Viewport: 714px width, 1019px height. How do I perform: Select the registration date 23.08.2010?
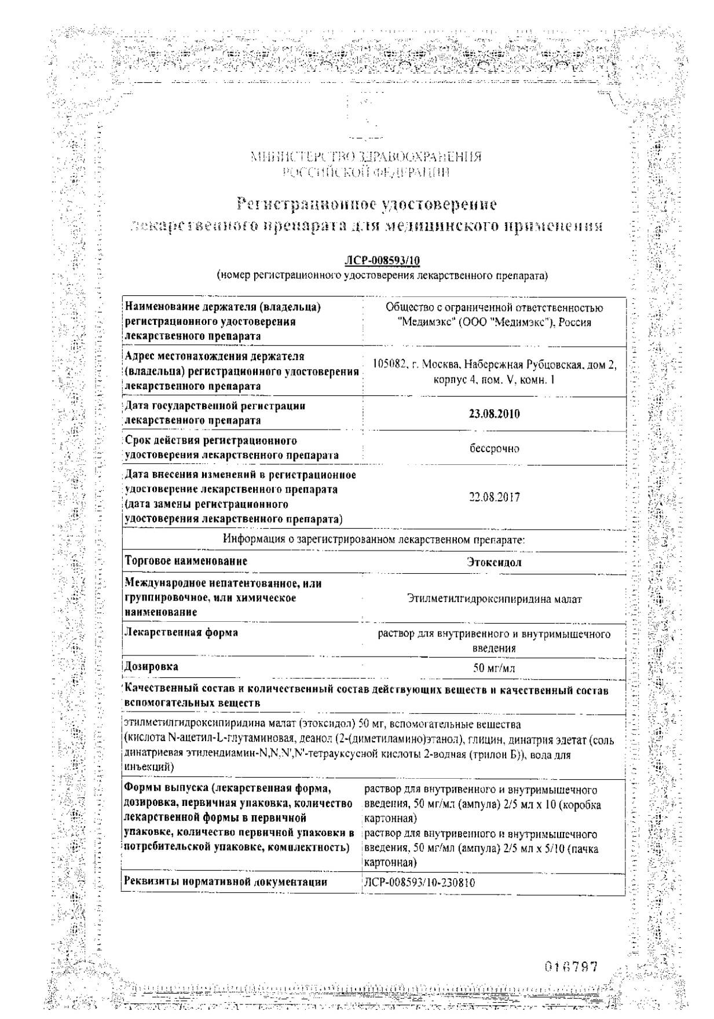494,413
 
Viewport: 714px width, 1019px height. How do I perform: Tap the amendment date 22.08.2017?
495,497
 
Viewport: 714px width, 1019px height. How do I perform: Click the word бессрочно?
495,448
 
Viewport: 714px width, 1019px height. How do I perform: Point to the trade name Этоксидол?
494,562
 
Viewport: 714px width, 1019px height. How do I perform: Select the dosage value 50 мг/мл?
494,668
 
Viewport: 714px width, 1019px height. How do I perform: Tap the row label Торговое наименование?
186,560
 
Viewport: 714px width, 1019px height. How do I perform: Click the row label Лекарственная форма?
181,632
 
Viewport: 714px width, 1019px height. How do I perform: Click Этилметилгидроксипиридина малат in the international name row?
494,599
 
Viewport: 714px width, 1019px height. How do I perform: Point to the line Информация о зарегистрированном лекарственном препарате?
374,539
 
